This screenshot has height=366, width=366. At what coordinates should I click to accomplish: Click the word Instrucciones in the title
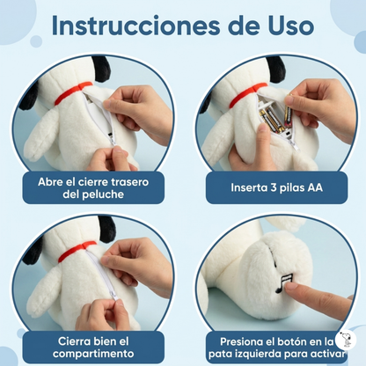pos(135,26)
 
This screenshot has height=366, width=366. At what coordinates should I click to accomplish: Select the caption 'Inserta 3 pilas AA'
pos(276,187)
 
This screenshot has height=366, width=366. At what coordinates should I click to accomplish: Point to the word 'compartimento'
pos(93,354)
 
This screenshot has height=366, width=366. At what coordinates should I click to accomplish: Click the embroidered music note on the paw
pos(284,282)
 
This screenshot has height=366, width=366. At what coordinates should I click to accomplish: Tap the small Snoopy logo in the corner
pos(346,340)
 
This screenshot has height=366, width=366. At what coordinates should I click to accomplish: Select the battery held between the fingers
pos(288,111)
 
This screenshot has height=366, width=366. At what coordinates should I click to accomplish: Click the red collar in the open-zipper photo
pos(73,92)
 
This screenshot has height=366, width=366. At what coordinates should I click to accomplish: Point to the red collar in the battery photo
pos(248,95)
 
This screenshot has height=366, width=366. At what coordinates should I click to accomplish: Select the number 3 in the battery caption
pos(273,187)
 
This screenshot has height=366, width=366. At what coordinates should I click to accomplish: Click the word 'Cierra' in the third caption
pos(75,341)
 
